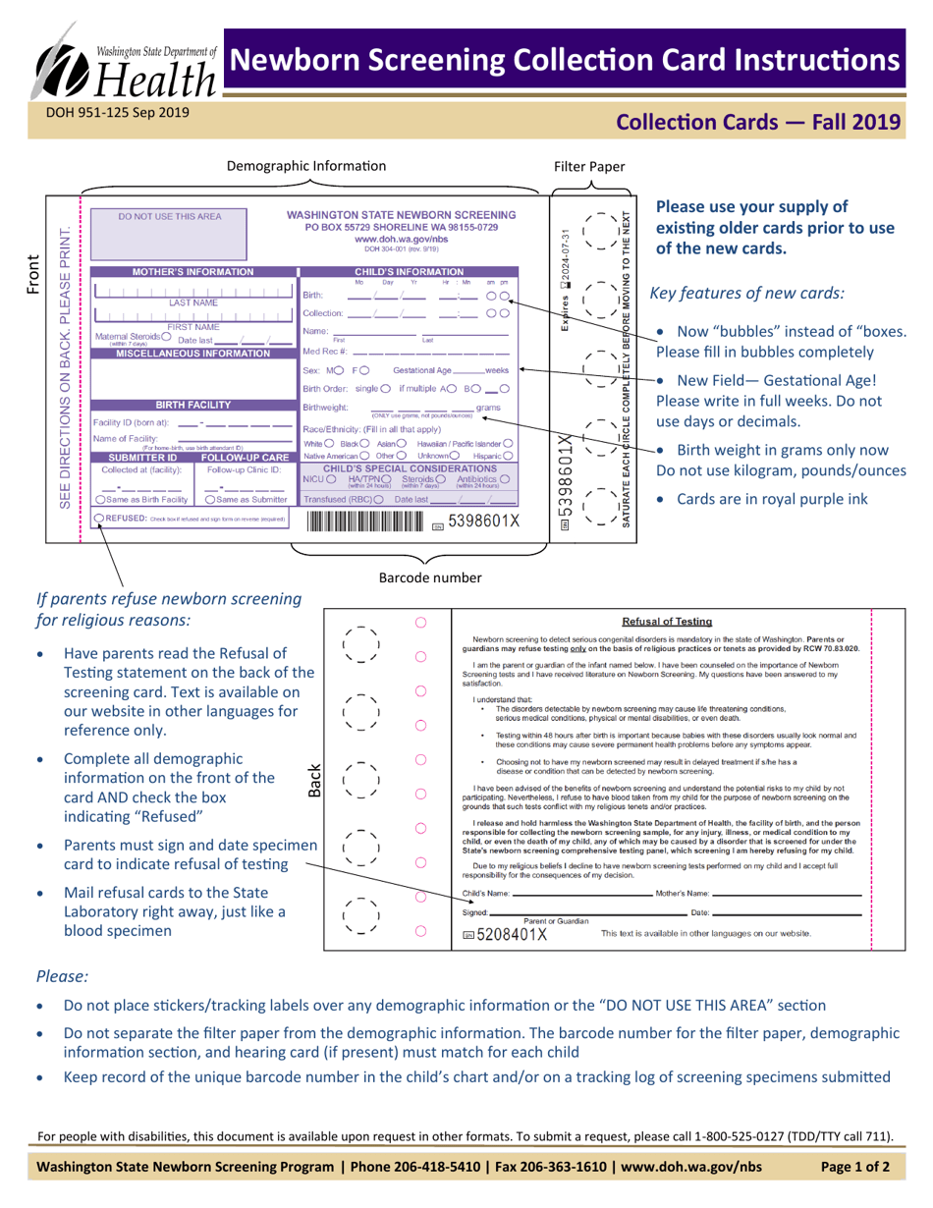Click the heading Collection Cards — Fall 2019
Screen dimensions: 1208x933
pyautogui.click(x=756, y=123)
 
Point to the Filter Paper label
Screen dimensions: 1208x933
pyautogui.click(x=589, y=167)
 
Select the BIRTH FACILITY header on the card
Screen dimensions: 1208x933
pyautogui.click(x=192, y=404)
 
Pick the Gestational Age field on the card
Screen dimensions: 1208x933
pyautogui.click(x=448, y=370)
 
